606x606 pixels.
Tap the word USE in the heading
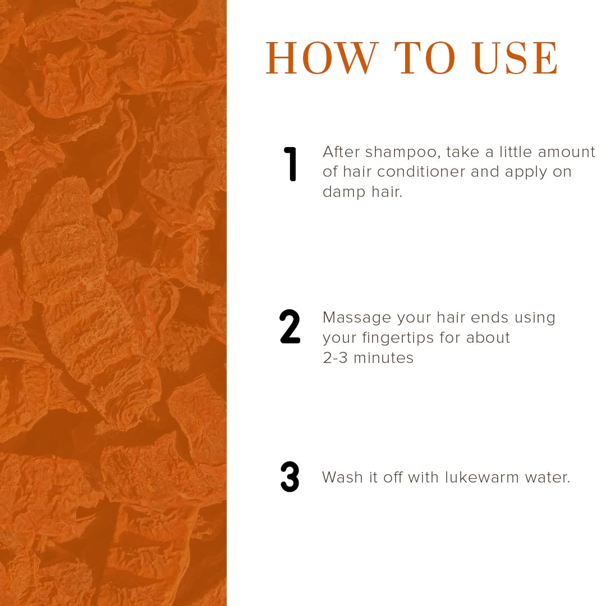click(516, 58)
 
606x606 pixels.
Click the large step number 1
click(290, 164)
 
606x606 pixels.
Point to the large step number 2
click(290, 327)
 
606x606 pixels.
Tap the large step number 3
click(290, 476)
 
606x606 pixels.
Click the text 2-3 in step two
click(335, 358)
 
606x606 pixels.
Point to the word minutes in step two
click(383, 358)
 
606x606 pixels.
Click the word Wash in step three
click(342, 478)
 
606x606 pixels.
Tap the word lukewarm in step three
click(481, 478)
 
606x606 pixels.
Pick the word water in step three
click(547, 478)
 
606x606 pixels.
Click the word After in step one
click(341, 152)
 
